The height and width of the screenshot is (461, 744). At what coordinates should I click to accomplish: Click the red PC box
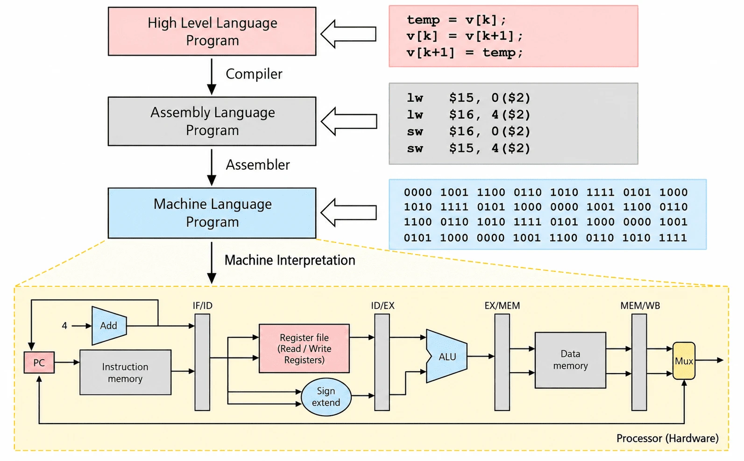[39, 362]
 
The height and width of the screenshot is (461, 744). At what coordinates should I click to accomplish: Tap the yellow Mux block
[684, 361]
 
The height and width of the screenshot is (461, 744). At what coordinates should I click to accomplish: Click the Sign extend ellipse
[326, 397]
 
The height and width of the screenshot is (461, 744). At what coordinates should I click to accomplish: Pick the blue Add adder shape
[109, 326]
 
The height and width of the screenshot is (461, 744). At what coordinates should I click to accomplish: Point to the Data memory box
[570, 360]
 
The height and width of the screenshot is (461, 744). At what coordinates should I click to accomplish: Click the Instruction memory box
[125, 372]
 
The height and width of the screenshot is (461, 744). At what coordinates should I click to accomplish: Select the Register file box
[304, 348]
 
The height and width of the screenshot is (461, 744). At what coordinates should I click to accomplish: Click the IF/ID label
[203, 305]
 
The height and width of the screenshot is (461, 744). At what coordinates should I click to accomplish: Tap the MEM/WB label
[640, 305]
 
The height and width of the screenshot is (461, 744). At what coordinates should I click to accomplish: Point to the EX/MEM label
[502, 305]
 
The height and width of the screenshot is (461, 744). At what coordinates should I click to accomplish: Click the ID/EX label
[383, 305]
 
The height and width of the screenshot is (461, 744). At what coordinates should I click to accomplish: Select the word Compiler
[254, 74]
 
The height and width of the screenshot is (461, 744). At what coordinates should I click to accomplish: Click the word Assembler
[258, 165]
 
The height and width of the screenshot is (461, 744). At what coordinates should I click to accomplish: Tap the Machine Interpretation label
[290, 260]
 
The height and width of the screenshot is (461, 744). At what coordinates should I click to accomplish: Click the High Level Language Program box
[212, 32]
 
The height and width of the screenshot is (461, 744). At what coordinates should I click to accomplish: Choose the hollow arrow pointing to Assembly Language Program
[349, 121]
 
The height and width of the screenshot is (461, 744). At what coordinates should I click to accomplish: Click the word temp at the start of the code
[424, 20]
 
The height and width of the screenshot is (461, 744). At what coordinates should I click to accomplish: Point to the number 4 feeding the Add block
[64, 326]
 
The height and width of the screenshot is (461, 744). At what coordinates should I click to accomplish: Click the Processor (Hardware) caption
[667, 438]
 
